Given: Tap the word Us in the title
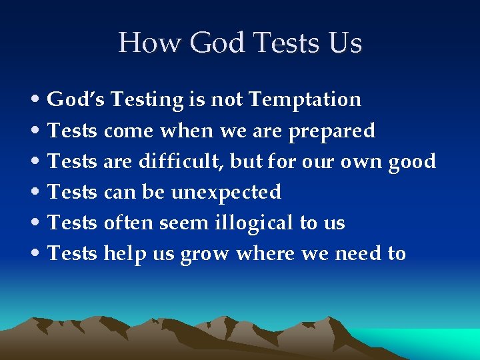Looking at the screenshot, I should click(345, 43).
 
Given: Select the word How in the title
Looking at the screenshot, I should click(150, 43).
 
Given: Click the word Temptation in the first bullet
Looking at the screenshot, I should click(305, 100).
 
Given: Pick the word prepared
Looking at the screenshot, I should click(331, 131).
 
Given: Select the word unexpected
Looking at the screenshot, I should click(226, 193).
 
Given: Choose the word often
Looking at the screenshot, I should click(129, 223).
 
